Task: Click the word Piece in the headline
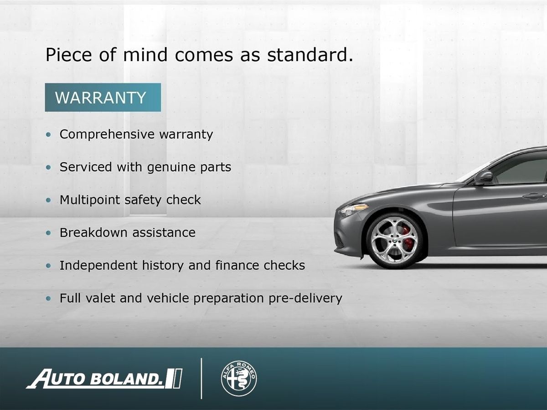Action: [x=68, y=55]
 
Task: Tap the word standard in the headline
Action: [x=310, y=55]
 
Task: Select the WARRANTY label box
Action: [x=103, y=97]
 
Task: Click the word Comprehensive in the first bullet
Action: [x=107, y=135]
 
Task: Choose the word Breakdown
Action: [x=94, y=232]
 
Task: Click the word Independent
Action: [x=98, y=266]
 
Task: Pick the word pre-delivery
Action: [x=305, y=298]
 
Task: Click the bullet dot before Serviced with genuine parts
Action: [x=48, y=168]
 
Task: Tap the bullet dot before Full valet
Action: [x=48, y=298]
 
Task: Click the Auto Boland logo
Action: [x=104, y=379]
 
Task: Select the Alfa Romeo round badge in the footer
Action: [x=239, y=378]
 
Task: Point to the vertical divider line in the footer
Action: [x=201, y=379]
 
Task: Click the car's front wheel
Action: [x=394, y=241]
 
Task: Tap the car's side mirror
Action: [x=484, y=178]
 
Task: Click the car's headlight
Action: [x=354, y=210]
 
